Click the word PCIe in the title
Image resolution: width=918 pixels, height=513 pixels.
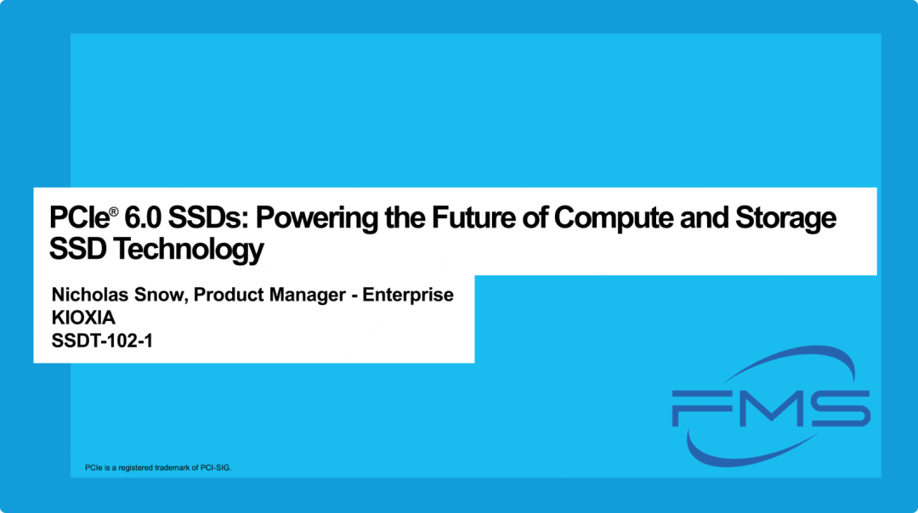(x=79, y=217)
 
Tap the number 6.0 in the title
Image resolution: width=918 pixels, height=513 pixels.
(x=142, y=217)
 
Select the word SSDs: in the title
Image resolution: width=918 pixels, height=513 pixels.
(x=209, y=217)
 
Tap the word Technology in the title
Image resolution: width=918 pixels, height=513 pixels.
(x=188, y=251)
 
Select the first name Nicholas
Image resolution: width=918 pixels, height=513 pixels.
(x=89, y=294)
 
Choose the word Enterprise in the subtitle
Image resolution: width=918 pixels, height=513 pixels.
(x=408, y=296)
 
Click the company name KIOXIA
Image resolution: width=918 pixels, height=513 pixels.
(x=83, y=318)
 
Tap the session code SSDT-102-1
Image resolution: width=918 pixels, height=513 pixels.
(x=102, y=341)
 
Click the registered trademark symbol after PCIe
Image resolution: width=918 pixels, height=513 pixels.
(x=114, y=211)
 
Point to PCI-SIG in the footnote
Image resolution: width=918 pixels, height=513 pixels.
(x=215, y=468)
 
